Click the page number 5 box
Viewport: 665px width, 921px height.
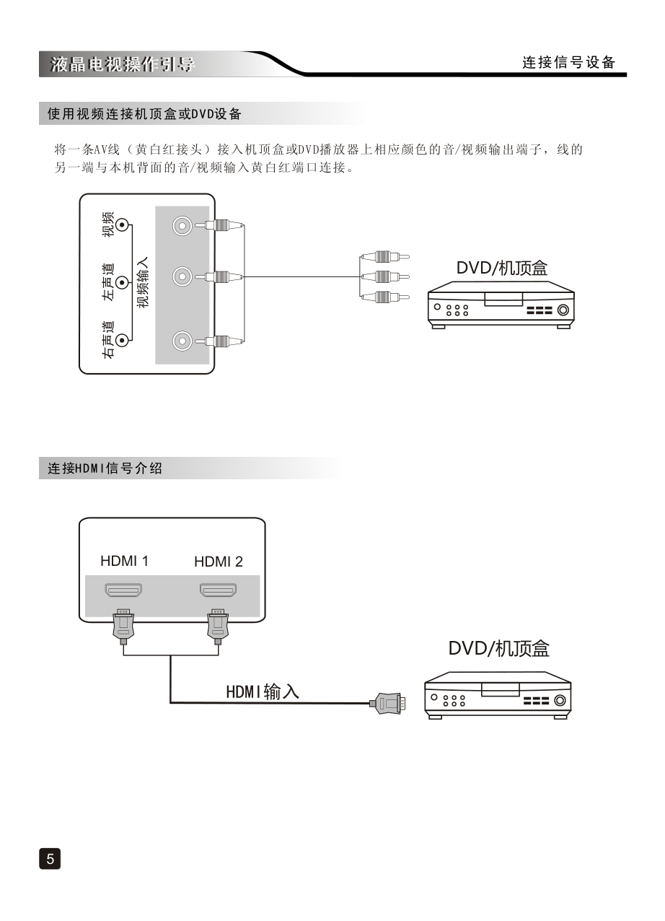50,858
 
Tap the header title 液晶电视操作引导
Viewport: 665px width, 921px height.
123,64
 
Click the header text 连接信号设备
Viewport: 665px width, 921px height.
568,63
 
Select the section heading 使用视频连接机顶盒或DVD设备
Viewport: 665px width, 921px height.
144,114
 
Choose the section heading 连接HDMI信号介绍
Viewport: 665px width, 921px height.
105,468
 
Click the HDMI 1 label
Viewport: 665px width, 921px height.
124,561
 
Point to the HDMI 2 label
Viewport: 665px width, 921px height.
219,562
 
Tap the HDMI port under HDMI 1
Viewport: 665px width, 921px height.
123,590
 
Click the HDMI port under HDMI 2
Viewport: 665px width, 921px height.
218,590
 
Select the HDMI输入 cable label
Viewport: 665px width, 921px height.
263,691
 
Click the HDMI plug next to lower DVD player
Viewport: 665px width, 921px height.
387,702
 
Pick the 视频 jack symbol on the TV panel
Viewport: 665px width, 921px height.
123,225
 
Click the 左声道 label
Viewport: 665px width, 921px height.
107,281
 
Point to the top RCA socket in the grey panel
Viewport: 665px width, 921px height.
183,226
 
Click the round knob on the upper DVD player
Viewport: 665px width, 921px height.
563,311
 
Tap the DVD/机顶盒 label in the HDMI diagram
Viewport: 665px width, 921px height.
498,648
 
